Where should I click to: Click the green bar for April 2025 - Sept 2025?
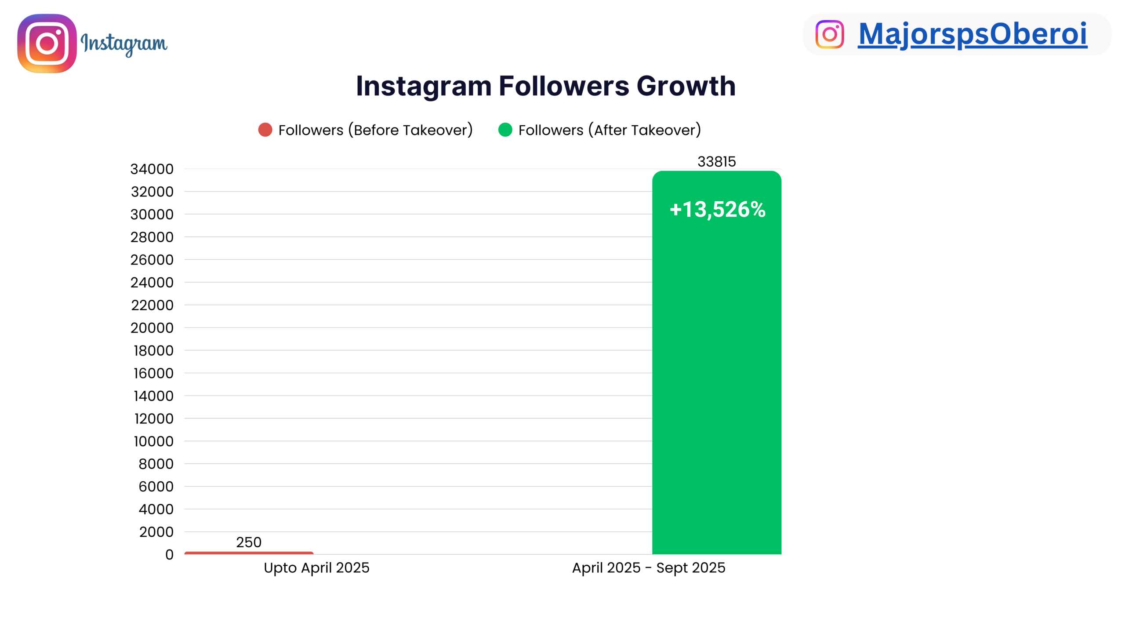(x=716, y=362)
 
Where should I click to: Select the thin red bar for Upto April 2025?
(x=249, y=553)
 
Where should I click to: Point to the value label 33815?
(x=716, y=161)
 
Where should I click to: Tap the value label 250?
(x=249, y=542)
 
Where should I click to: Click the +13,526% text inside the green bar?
(x=717, y=209)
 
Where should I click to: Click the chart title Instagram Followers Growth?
(x=546, y=86)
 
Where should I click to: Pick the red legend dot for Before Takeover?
(x=265, y=130)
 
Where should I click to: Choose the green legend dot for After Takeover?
(x=505, y=130)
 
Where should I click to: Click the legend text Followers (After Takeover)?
(x=610, y=130)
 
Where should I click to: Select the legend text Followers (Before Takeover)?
(x=375, y=130)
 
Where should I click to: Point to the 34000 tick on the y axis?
(x=152, y=169)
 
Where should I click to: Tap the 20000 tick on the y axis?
(x=152, y=327)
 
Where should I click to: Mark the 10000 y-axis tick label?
(x=153, y=441)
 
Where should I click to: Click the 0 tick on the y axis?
(x=169, y=554)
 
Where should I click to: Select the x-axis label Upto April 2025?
(x=316, y=568)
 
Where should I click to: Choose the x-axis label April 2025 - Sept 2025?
(x=649, y=568)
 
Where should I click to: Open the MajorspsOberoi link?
(x=973, y=34)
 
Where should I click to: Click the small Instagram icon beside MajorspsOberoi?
(x=830, y=34)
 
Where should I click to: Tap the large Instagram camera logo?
(x=47, y=44)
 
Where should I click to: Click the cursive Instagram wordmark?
(x=124, y=44)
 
